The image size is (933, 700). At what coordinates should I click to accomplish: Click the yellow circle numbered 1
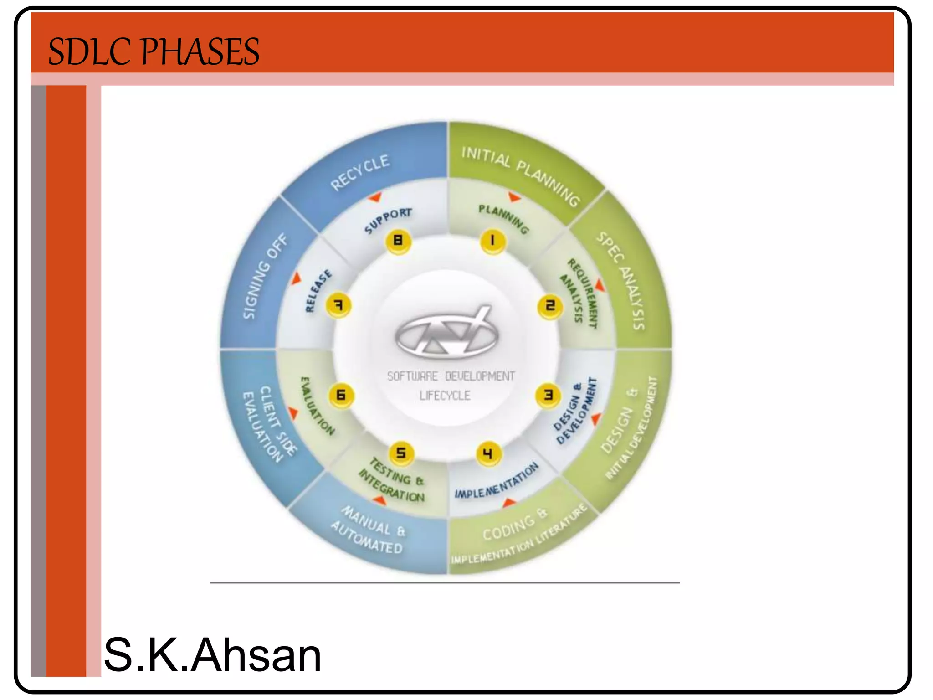[x=492, y=241]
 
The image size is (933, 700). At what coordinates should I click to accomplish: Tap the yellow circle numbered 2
[x=550, y=306]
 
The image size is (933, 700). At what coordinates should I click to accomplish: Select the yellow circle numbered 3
[x=548, y=395]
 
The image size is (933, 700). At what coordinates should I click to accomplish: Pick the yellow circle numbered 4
[x=488, y=453]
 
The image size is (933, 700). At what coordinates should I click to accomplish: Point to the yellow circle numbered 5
[x=401, y=453]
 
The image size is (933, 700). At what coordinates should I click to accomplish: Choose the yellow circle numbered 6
[x=341, y=395]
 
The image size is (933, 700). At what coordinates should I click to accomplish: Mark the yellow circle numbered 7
[x=338, y=305]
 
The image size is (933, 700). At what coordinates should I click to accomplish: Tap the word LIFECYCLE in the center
[x=445, y=396]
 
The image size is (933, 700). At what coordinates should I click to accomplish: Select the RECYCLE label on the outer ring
[x=360, y=173]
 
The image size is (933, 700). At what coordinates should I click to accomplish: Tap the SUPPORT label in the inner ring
[x=388, y=220]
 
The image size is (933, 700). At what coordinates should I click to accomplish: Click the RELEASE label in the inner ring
[x=318, y=292]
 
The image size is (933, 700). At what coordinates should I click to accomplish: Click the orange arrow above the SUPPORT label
[x=375, y=197]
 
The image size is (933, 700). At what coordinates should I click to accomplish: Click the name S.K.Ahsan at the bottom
[x=212, y=655]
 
